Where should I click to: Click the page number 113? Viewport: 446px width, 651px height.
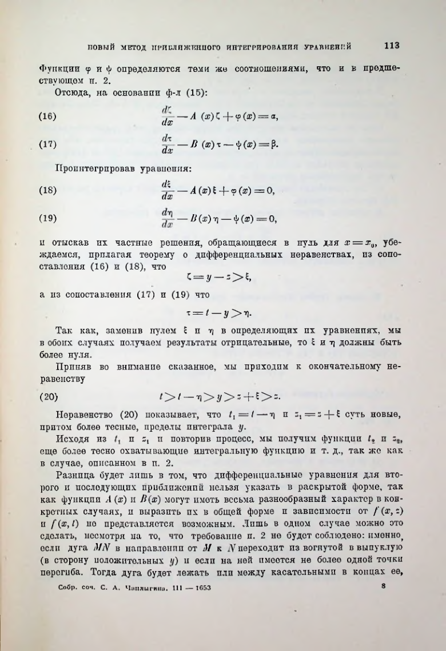(x=392, y=46)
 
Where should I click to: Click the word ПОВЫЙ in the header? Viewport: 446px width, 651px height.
(x=100, y=46)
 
